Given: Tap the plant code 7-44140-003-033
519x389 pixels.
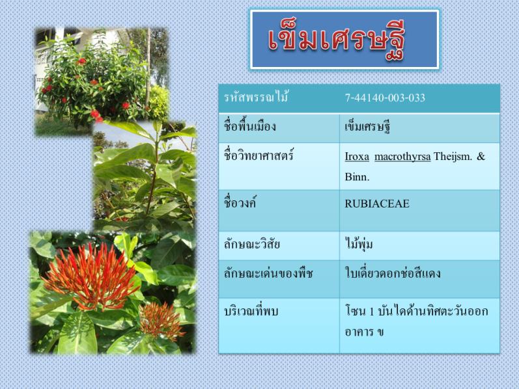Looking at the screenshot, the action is click(385, 98).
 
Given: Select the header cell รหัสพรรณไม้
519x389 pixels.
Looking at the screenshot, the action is click(255, 98).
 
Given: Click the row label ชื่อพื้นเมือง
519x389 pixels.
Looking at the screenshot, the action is click(250, 127).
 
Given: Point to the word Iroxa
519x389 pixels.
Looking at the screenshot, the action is click(357, 156).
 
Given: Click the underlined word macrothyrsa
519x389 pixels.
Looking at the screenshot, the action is click(402, 157).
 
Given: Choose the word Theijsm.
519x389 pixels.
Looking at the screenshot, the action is click(453, 156).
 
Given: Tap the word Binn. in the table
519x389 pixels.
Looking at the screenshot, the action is click(357, 177).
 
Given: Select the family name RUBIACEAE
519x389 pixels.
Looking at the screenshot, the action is click(377, 204).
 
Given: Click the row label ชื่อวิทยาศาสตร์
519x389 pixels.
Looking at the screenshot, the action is click(259, 155).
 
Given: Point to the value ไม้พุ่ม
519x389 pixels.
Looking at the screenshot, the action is click(359, 244).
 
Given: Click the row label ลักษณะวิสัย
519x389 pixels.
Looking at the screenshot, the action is click(252, 244).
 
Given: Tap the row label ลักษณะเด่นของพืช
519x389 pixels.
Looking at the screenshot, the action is click(268, 274).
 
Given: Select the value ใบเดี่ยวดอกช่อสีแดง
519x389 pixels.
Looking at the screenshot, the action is click(393, 273).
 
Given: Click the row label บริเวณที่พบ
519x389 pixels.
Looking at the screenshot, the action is click(251, 312).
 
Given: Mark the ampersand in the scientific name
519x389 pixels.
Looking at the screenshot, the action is click(481, 156).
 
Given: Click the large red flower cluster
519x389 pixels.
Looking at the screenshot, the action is click(91, 277).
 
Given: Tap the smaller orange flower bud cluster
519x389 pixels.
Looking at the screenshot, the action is click(161, 321).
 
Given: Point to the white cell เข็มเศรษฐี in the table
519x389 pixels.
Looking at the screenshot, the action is click(367, 127).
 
